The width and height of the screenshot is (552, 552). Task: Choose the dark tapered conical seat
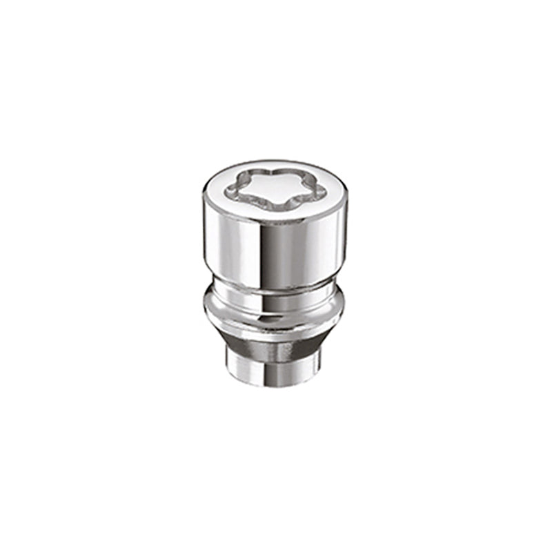[276, 335]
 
